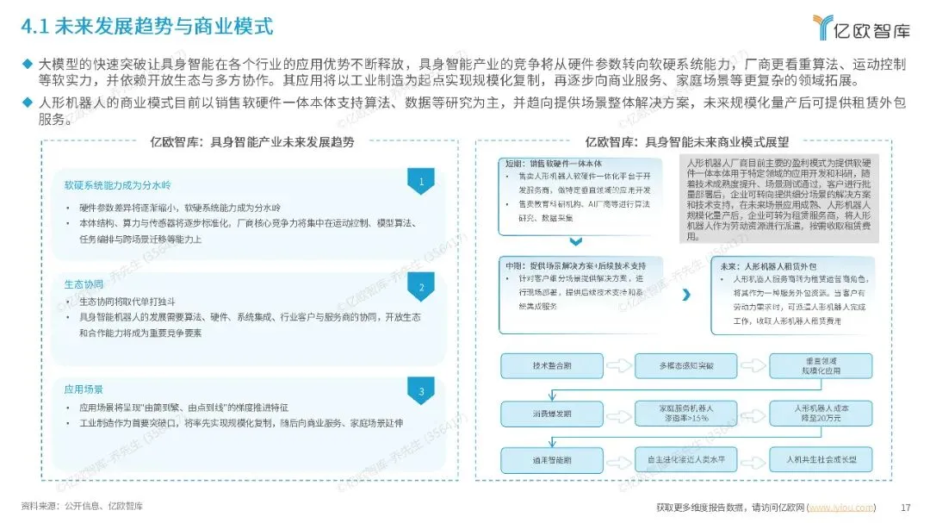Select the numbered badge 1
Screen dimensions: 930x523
419,182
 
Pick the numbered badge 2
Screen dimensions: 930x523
419,288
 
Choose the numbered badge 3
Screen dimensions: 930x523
419,393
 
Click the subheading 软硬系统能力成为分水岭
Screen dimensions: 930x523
119,185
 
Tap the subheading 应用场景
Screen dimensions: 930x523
84,389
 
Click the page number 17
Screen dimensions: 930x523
904,507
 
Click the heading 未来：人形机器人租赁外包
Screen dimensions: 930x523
770,267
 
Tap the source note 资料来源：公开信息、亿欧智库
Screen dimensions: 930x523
82,506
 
